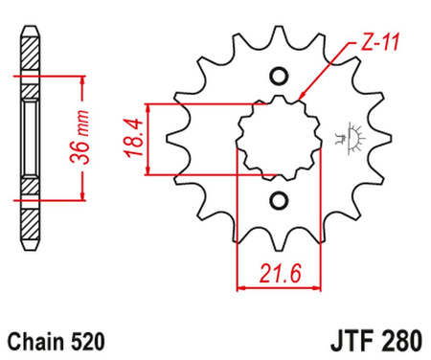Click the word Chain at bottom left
35,339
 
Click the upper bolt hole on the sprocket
279,77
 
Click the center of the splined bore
279,139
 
